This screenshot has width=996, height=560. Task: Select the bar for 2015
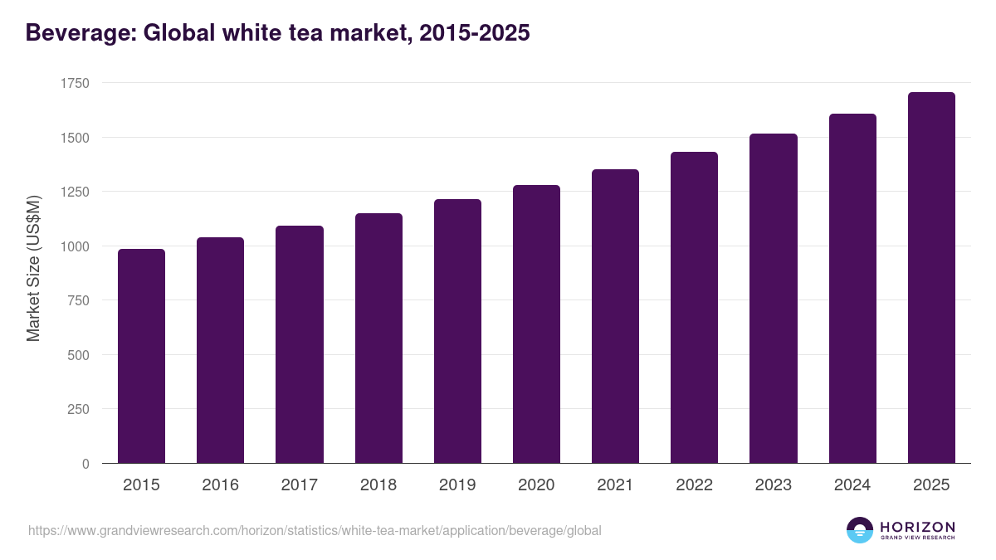tap(141, 357)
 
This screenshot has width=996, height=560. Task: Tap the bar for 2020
tap(536, 324)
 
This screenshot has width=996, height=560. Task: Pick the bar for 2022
tap(694, 308)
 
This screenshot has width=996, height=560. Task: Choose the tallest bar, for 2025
tap(931, 278)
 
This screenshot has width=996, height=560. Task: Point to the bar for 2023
tap(773, 299)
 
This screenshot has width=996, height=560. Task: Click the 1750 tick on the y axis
tap(75, 83)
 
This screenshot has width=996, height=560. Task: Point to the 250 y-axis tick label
tap(78, 409)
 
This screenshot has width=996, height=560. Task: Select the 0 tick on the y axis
tap(85, 464)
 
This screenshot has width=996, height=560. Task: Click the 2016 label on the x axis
tap(220, 485)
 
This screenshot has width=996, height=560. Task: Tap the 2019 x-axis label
tap(457, 485)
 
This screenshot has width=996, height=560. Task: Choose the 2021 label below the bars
tap(615, 485)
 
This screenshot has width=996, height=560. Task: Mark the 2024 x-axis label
tap(852, 485)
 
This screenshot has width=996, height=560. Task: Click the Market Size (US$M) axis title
tap(33, 267)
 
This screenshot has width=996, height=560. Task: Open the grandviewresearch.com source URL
tap(315, 530)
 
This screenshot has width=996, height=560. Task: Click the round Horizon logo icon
tap(859, 530)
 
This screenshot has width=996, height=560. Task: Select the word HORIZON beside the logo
tap(917, 526)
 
